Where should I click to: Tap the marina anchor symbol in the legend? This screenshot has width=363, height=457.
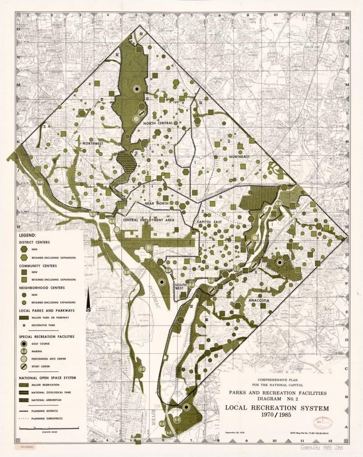click(24, 351)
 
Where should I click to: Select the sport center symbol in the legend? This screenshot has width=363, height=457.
click(24, 367)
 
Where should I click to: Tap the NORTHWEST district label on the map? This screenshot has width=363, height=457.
click(95, 143)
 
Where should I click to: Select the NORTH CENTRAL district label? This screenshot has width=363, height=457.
click(158, 123)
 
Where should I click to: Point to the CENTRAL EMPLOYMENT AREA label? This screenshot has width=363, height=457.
click(148, 220)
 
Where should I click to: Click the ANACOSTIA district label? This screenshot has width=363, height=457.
click(258, 300)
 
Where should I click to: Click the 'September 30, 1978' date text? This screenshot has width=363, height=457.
click(237, 433)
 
